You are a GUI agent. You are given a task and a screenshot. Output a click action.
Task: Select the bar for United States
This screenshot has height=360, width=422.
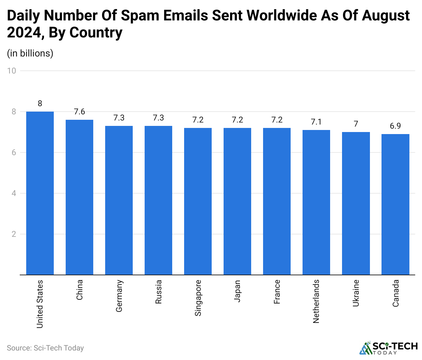click(40, 193)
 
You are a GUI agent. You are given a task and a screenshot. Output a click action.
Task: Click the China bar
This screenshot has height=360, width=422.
click(79, 197)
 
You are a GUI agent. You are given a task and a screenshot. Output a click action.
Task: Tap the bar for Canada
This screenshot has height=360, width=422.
click(395, 204)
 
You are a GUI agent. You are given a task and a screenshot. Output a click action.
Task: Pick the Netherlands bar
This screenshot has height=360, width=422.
click(316, 202)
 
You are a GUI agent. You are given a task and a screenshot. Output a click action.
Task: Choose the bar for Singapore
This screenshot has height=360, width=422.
click(198, 201)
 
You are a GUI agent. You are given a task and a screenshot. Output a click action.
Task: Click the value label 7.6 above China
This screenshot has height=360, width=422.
click(79, 112)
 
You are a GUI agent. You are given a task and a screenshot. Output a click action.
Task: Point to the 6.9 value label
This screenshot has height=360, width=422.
click(395, 126)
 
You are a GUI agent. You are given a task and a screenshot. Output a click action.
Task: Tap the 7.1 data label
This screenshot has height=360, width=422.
click(316, 122)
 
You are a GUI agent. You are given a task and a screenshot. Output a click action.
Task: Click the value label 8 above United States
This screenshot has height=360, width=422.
click(40, 104)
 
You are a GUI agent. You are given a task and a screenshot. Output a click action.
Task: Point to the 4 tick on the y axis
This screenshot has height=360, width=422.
click(14, 193)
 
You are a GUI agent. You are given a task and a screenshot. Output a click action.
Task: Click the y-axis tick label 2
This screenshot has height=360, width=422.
click(14, 234)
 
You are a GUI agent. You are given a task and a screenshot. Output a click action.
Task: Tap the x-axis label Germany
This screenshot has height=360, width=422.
click(119, 296)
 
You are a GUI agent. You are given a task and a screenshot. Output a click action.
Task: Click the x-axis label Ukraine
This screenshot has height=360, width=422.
click(356, 293)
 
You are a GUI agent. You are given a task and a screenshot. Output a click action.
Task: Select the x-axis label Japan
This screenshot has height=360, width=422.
click(237, 291)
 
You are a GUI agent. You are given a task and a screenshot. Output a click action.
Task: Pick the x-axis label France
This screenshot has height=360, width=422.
click(277, 292)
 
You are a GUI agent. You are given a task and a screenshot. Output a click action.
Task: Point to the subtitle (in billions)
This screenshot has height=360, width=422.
click(30, 53)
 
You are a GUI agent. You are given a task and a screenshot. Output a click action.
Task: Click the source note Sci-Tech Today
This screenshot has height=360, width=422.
click(45, 348)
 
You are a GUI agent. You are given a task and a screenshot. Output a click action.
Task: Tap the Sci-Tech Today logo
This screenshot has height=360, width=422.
click(388, 348)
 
